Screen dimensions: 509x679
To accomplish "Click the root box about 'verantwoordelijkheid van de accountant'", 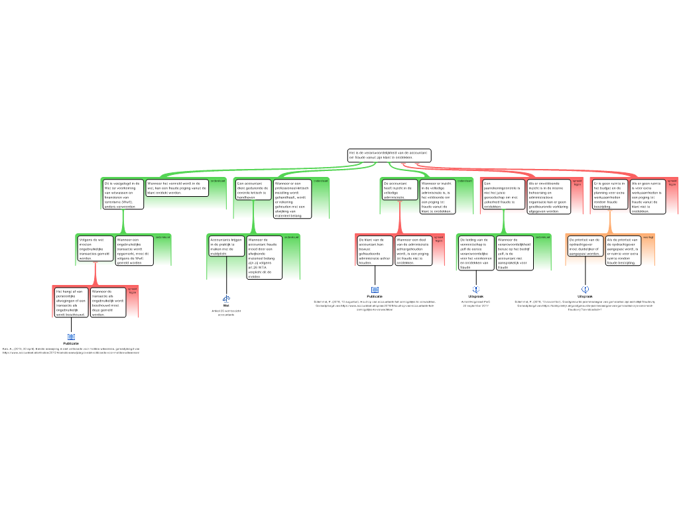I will click(x=389, y=155).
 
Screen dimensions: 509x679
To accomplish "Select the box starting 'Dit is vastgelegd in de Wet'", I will click(x=123, y=194).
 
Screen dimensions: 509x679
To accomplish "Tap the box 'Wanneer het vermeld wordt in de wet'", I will click(x=176, y=188).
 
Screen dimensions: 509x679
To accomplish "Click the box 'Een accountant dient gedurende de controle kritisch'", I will click(x=253, y=190).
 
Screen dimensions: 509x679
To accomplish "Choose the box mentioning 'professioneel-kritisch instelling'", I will click(x=292, y=198).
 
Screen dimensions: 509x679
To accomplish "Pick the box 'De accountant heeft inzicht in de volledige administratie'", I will click(x=399, y=190).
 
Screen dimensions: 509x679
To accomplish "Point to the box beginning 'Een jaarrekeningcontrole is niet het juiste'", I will click(x=503, y=195).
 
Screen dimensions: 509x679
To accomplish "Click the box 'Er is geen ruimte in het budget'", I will click(x=609, y=194).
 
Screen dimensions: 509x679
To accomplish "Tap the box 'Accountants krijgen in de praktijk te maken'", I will click(x=226, y=246).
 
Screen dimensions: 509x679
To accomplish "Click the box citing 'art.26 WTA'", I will click(x=264, y=257).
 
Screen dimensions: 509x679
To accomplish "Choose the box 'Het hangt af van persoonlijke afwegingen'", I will click(x=71, y=302).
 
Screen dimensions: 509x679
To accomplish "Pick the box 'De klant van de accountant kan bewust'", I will click(x=375, y=251).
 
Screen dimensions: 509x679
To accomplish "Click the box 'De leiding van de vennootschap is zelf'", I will click(x=475, y=253).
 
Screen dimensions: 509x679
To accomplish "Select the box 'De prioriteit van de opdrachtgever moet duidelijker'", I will click(x=585, y=247).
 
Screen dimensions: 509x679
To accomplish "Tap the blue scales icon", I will click(x=227, y=300).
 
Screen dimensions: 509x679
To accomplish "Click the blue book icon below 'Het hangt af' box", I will click(x=71, y=337).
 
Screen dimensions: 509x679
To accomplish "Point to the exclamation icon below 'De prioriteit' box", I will click(x=586, y=289).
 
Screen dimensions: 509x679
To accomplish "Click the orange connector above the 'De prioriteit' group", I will click(x=610, y=223).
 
